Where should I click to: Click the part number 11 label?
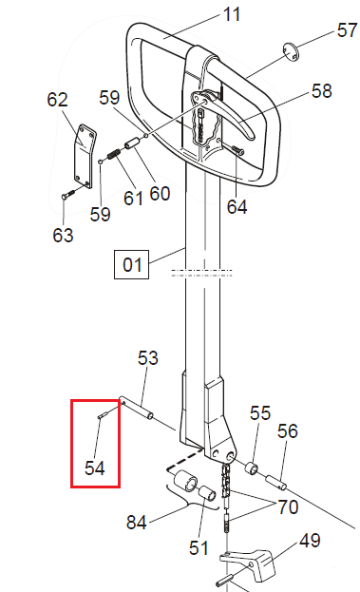(232, 14)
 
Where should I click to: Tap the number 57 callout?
(347, 30)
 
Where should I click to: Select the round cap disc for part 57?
(291, 51)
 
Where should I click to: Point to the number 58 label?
(321, 91)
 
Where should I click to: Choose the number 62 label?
(57, 100)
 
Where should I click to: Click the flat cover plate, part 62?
(85, 156)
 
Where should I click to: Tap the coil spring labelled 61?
(114, 154)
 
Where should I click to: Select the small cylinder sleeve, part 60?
(132, 144)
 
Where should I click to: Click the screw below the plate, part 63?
(67, 195)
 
